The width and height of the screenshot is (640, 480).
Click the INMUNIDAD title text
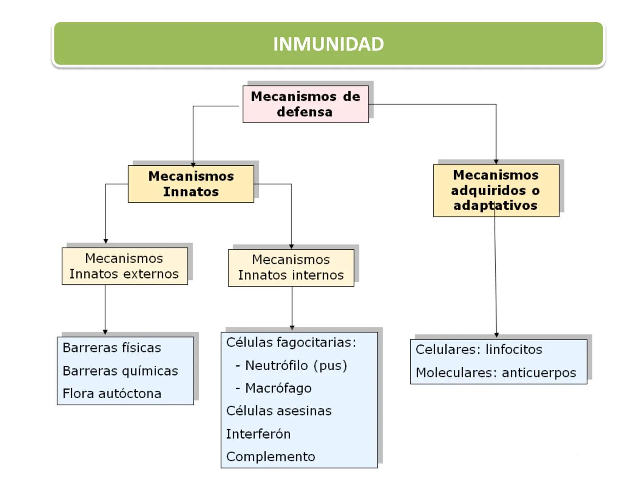click(328, 44)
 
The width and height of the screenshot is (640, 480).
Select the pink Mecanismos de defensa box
click(305, 104)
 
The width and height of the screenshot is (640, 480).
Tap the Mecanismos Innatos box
click(191, 184)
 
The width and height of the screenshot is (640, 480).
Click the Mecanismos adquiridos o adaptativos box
click(496, 190)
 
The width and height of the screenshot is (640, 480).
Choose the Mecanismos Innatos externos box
click(124, 266)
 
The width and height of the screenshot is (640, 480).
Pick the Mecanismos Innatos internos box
click(291, 268)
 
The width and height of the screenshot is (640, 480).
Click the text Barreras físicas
click(112, 348)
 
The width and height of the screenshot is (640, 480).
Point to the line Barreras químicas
click(120, 371)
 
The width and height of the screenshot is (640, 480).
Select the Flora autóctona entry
click(112, 393)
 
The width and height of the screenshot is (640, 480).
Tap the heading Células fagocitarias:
click(291, 342)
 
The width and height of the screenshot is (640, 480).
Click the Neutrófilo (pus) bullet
click(296, 365)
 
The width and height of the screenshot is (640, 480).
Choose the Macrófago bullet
click(278, 388)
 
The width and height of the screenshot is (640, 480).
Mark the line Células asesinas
click(279, 411)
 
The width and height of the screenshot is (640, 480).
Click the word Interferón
click(258, 434)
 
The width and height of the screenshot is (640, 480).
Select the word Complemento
click(270, 456)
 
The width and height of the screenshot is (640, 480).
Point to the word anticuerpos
click(539, 372)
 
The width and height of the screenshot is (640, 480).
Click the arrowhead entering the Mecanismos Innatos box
click(193, 164)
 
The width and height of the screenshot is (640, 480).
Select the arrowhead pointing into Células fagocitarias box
click(292, 328)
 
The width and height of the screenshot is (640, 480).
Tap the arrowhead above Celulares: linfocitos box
click(496, 335)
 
